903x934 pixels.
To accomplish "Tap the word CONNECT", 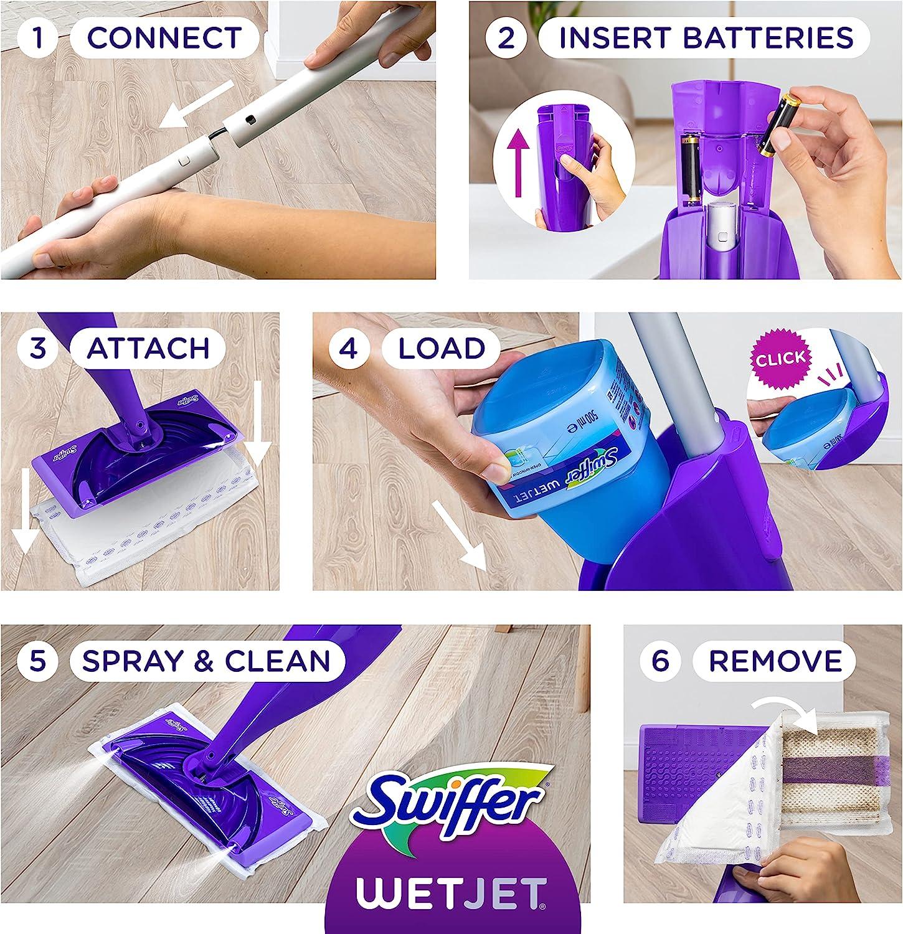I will click(164, 37).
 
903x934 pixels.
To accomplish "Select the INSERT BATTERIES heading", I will click(706, 37).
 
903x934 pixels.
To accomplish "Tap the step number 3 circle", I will click(39, 347).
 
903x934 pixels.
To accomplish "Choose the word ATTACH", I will click(148, 348).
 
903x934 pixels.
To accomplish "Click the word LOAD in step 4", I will click(442, 348).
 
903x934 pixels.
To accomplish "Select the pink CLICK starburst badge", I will click(780, 359).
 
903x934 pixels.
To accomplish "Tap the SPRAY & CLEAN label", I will click(206, 661).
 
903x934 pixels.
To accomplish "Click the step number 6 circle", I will click(660, 660).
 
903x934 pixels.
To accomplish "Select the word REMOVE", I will click(775, 660).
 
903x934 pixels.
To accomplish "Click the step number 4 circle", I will click(349, 348).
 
